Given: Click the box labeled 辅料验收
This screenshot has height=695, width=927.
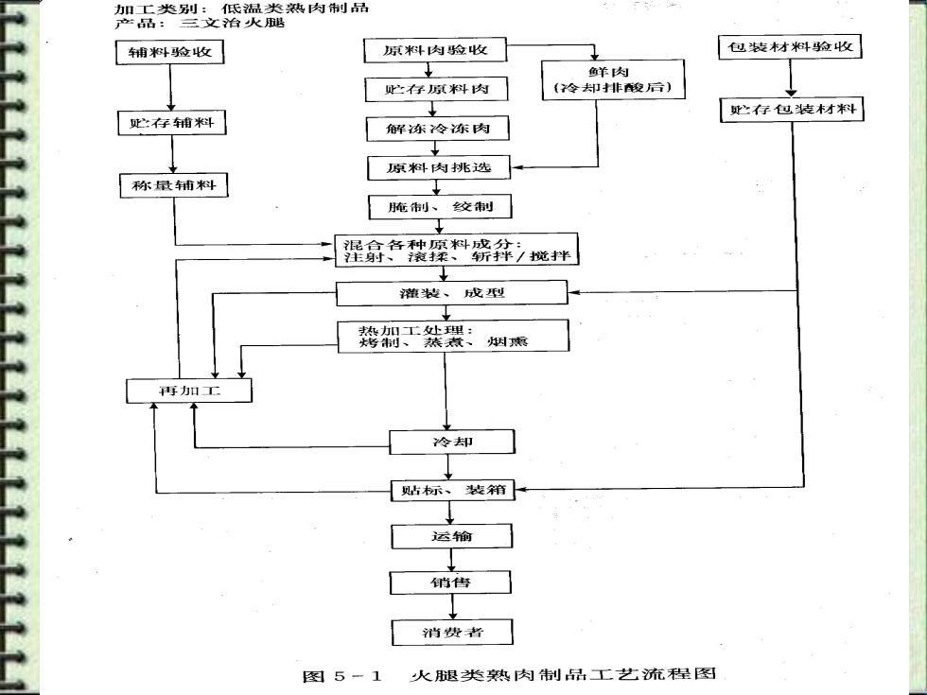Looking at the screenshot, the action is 169,51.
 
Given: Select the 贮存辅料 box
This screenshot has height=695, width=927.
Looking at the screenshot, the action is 172,123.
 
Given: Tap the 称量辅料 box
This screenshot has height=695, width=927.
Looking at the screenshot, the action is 174,185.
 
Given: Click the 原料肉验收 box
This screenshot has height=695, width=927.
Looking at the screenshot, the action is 436,49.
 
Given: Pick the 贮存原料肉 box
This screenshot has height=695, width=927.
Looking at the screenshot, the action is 436,89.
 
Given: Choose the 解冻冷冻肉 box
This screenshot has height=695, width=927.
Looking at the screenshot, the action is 437,129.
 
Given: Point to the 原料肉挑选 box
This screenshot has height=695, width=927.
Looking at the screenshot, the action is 439,168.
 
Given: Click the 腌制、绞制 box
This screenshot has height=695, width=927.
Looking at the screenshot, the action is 440,207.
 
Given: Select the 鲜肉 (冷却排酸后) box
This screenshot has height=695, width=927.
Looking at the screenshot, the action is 613,79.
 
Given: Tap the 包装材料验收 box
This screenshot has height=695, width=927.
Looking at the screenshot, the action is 790,46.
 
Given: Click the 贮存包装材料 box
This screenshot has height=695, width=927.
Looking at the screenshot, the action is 792,110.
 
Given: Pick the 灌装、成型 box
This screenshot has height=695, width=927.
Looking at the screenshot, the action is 452,293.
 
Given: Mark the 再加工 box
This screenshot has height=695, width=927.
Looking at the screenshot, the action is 189,391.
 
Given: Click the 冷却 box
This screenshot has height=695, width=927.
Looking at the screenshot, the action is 452,443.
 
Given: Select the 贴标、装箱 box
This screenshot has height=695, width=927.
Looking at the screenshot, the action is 453,491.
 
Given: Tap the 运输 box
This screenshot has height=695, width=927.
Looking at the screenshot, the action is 452,537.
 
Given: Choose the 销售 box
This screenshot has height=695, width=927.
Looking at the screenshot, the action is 450,582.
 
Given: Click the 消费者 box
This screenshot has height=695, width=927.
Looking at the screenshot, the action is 452,633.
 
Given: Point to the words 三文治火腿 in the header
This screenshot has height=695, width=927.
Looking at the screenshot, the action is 232,23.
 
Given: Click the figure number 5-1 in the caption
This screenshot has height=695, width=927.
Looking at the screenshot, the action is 358,676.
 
